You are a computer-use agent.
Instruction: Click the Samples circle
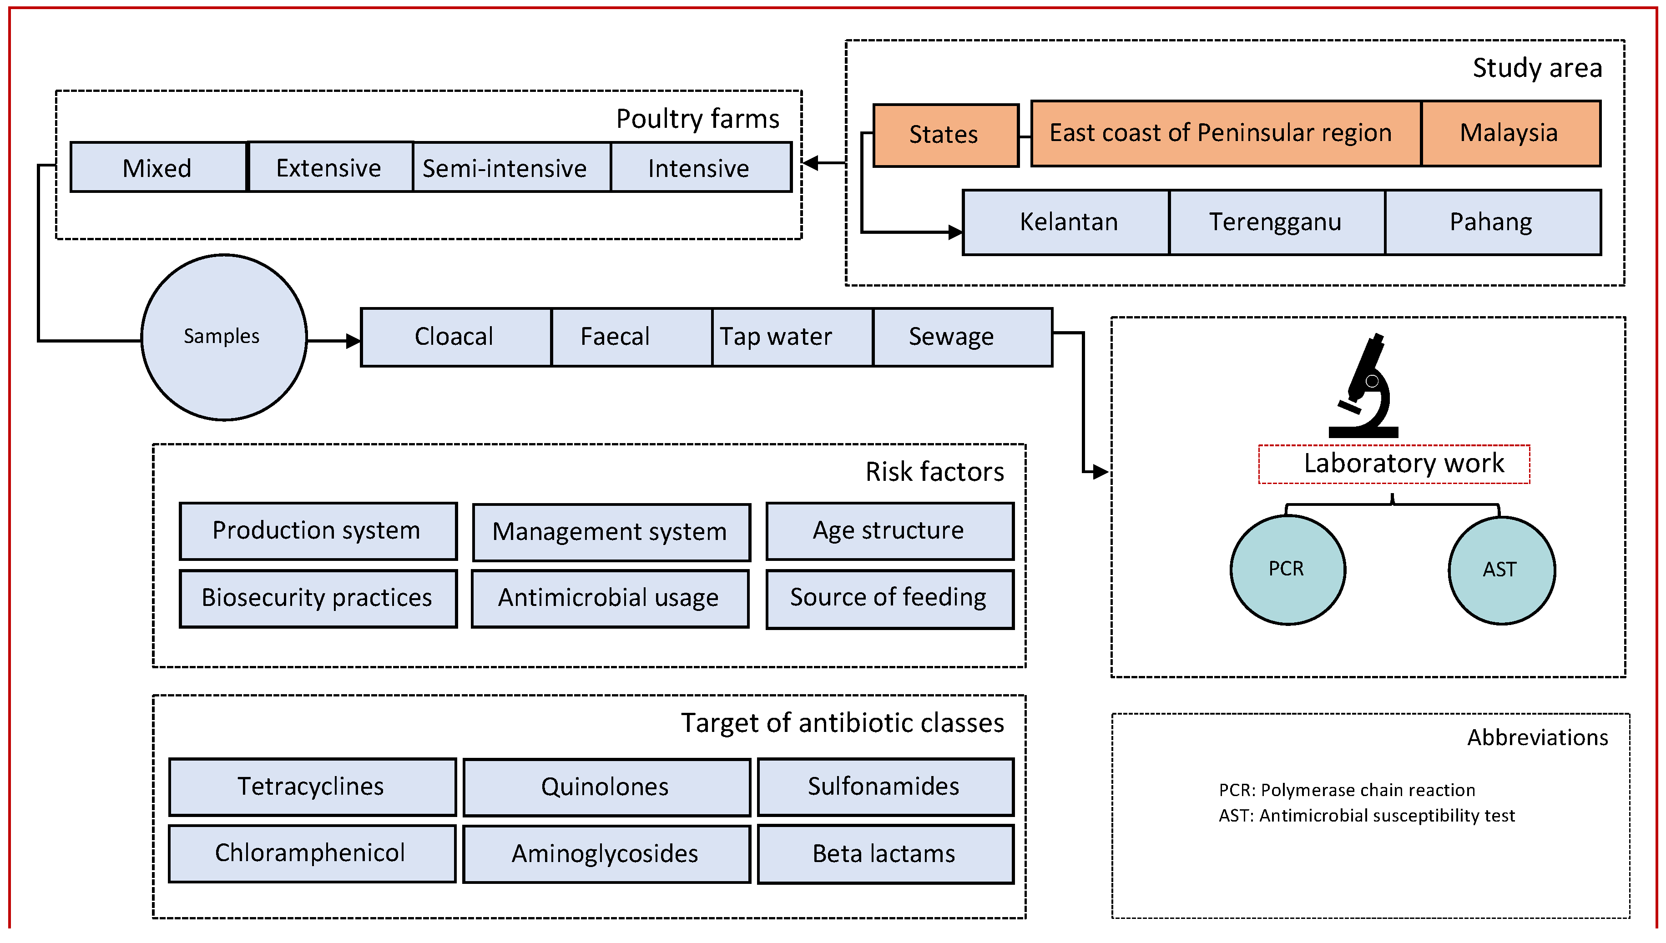(223, 337)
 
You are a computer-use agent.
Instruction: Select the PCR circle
(1287, 569)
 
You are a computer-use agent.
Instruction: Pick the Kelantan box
(1067, 222)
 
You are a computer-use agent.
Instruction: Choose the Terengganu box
(1275, 222)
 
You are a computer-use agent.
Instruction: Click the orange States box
(944, 135)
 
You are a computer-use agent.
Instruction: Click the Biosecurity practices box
(318, 598)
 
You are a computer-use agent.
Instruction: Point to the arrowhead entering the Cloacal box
(353, 341)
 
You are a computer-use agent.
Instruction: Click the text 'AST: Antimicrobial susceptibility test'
(1367, 816)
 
